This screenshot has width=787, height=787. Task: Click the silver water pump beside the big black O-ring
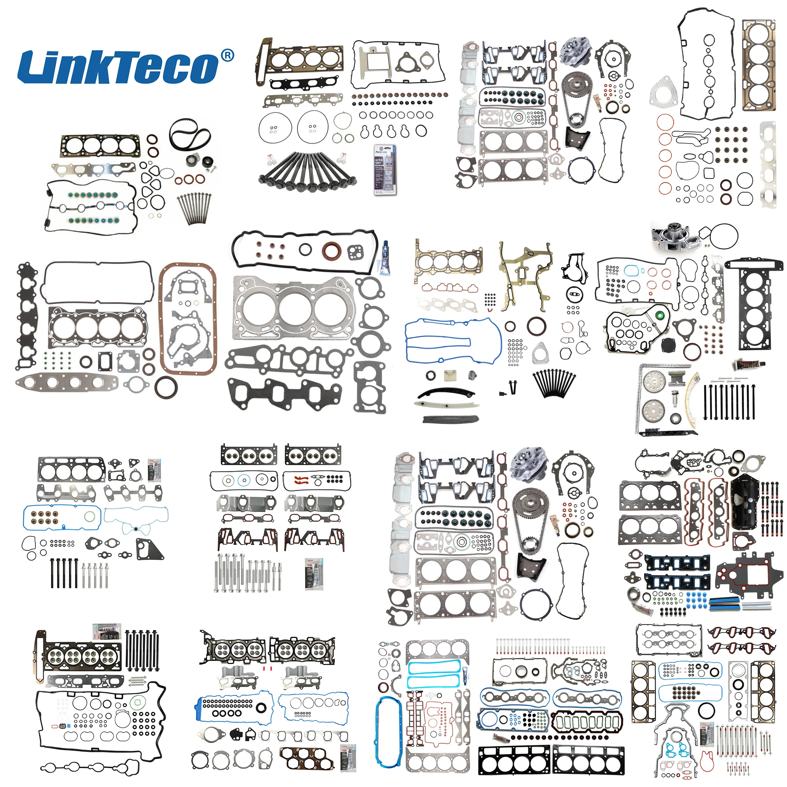673,236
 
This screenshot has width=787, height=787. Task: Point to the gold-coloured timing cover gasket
525,277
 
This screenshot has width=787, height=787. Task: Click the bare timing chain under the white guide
451,419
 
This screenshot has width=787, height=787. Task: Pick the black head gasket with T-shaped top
754,305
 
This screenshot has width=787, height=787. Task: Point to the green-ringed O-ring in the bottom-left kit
138,702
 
